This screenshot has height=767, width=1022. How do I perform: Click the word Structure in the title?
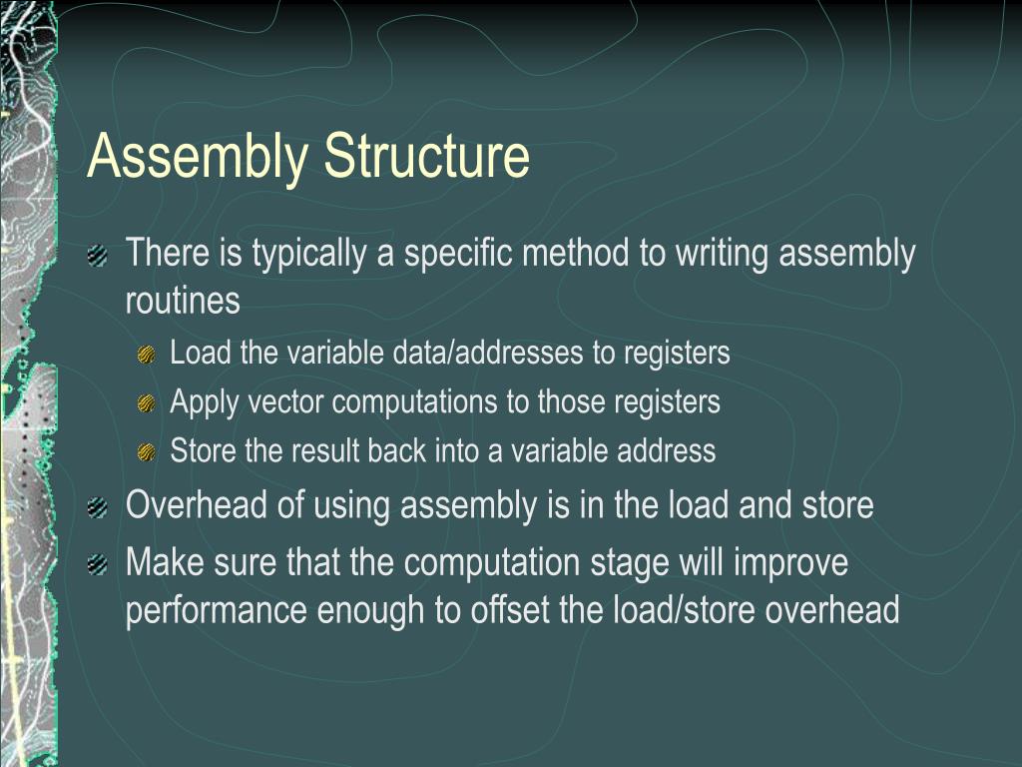click(425, 157)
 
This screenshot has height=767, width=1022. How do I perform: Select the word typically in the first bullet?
click(308, 255)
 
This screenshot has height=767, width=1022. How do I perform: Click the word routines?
click(183, 301)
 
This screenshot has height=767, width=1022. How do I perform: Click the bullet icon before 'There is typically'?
click(98, 257)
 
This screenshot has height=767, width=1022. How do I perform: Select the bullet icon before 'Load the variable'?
click(146, 355)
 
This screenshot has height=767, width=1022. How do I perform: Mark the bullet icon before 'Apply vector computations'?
click(146, 403)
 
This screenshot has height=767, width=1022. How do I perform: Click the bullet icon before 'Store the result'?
click(146, 451)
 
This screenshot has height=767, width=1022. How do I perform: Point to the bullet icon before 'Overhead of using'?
click(98, 508)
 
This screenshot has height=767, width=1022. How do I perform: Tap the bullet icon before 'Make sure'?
click(98, 566)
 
